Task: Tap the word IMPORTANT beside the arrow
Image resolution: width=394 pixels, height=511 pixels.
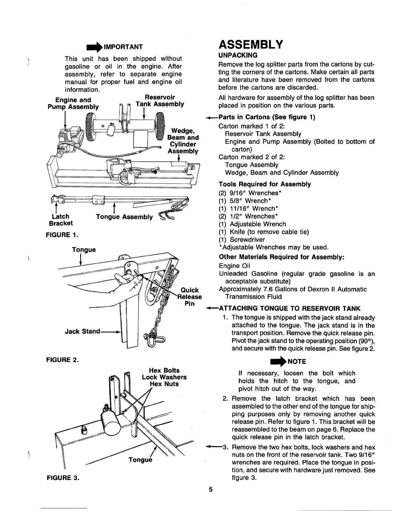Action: coord(121,47)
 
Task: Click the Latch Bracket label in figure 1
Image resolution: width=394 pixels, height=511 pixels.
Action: coord(61,220)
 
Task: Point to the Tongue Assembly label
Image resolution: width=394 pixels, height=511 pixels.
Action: coord(124,217)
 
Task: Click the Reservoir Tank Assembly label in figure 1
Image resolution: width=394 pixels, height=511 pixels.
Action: coord(160,100)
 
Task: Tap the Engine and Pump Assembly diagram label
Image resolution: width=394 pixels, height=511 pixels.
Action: coord(73,103)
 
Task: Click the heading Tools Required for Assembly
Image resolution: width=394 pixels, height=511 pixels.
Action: coord(265,184)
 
